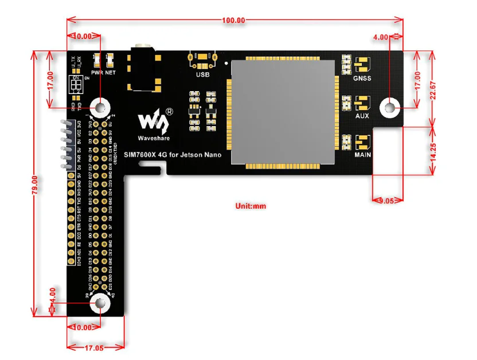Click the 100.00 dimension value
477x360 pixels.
234,20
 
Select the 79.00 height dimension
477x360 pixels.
36,184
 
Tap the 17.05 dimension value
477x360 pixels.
96,347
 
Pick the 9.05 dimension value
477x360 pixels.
388,201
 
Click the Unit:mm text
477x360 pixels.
251,205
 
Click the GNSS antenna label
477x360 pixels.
362,78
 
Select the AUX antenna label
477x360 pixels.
362,115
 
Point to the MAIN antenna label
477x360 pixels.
362,154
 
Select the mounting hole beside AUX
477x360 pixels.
390,107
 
